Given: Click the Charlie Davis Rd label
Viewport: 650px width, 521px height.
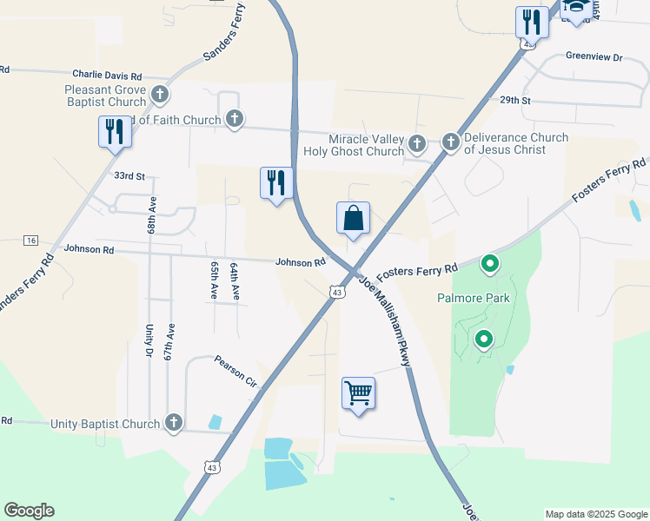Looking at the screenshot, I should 107,76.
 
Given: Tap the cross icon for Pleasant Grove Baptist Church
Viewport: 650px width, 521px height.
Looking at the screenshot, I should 159,94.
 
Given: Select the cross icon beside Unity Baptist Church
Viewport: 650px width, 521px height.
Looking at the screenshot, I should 174,423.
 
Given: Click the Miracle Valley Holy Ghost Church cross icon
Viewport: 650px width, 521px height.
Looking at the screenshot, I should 417,143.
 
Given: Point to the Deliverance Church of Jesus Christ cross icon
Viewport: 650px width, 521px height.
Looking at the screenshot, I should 451,142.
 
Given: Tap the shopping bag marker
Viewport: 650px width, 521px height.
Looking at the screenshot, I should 354,219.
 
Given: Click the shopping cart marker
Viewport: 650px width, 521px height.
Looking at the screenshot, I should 358,394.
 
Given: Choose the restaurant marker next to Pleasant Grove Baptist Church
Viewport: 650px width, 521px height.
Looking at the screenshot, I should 114,133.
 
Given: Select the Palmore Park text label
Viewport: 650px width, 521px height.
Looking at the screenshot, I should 473,298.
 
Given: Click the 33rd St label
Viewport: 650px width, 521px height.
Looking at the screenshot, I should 129,175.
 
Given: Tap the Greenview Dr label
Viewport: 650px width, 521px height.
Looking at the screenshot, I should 594,56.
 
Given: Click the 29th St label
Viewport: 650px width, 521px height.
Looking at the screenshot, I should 514,100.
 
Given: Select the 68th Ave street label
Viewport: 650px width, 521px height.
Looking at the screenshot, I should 151,215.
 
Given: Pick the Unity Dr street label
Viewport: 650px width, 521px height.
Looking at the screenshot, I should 149,340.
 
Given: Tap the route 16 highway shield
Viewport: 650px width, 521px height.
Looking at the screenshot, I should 31,240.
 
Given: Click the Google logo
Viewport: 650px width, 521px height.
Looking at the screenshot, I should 29,511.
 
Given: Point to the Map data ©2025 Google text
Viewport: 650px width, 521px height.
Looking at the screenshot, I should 596,514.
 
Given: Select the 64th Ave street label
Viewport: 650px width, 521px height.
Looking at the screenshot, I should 234,281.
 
